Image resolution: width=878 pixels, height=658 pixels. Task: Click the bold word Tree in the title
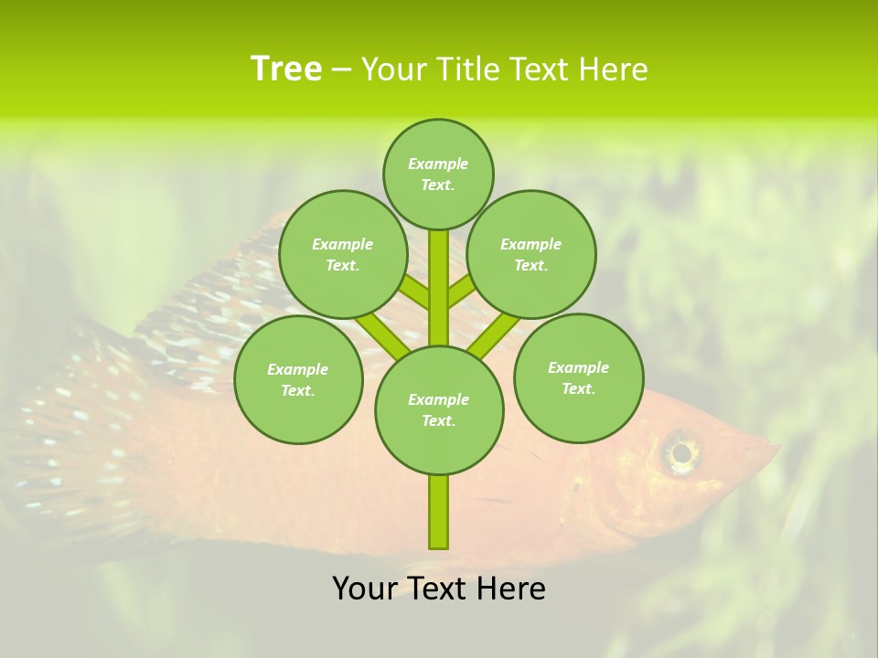286,69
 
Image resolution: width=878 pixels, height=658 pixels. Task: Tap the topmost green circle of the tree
438,174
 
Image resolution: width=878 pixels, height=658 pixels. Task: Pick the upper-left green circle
343,254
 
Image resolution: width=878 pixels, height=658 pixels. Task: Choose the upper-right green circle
531,254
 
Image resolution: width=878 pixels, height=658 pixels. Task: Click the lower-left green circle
298,379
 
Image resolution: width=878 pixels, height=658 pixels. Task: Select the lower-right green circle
578,377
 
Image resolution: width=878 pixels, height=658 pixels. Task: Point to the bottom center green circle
439,409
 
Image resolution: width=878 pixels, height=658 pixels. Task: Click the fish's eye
680,452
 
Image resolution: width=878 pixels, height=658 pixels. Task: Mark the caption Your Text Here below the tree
439,589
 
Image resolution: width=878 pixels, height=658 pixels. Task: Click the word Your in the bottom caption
363,589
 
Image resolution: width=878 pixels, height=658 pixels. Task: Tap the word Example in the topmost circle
438,164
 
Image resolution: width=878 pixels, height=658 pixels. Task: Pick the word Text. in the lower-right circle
578,388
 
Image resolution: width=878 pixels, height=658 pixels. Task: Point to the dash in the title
341,70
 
